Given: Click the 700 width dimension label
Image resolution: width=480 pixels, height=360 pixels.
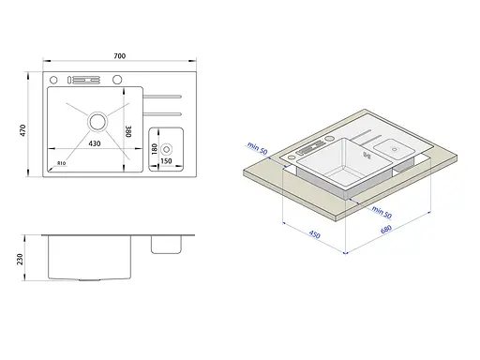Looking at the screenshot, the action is click(120, 56).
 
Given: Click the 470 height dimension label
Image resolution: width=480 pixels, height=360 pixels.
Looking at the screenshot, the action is click(22, 130).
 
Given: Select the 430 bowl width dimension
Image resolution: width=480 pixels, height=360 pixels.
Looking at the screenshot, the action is click(95, 143).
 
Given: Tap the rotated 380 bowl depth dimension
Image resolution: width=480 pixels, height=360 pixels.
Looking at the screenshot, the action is click(128, 131).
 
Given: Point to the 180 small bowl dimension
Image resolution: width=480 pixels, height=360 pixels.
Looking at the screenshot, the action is click(154, 149).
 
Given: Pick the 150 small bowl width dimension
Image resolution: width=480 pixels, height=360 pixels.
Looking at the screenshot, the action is click(166, 161).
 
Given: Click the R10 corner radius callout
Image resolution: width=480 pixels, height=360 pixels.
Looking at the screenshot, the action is click(62, 163).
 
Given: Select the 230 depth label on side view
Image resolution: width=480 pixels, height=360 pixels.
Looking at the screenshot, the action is click(20, 260).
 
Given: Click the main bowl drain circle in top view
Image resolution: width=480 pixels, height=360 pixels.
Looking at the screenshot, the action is click(97, 121).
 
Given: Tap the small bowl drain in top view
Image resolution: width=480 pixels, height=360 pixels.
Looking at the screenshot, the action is click(167, 149).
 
